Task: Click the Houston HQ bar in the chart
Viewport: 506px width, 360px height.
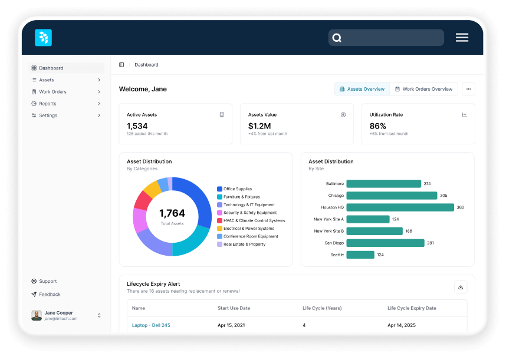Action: tap(400, 207)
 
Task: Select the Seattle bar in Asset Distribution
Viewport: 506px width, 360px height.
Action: tap(360, 255)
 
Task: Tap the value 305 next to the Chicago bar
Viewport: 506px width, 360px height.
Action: tap(443, 196)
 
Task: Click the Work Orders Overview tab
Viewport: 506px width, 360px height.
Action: tap(423, 89)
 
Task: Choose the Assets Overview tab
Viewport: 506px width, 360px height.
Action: tap(362, 89)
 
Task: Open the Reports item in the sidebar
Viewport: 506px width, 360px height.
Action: tap(48, 104)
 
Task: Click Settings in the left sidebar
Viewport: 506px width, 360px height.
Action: tap(48, 115)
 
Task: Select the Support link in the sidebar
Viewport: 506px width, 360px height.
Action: tap(48, 281)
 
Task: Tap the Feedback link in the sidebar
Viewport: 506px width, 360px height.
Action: tap(50, 294)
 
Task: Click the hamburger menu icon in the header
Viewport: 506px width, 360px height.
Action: tap(462, 38)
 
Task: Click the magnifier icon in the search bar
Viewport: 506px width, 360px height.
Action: tap(337, 38)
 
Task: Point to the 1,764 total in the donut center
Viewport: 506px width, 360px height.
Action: tap(172, 213)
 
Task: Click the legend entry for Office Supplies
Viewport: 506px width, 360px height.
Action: tap(237, 189)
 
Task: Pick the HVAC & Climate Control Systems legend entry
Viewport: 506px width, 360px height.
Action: tap(254, 220)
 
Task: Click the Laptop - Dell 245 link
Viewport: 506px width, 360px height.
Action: tap(151, 325)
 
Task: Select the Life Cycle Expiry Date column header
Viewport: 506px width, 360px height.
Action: tap(412, 308)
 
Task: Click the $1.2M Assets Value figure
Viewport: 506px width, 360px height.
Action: tap(259, 126)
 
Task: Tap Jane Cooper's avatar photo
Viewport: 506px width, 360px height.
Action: tap(37, 315)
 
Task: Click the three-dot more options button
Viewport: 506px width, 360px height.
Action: tap(468, 89)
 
